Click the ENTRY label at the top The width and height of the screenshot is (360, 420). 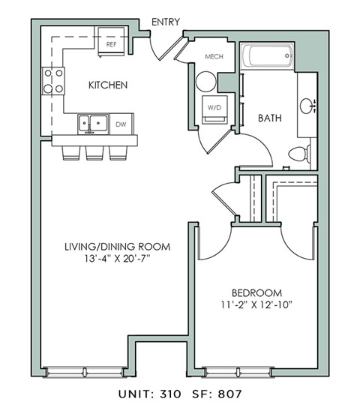(165, 22)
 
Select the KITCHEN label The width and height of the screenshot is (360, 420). (108, 85)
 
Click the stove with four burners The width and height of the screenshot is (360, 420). (52, 81)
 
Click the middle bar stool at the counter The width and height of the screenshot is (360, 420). (94, 152)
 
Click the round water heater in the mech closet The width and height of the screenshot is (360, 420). (205, 82)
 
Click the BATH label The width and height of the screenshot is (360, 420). (270, 118)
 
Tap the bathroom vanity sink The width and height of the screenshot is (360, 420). (307, 106)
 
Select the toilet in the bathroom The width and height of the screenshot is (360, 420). (298, 155)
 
